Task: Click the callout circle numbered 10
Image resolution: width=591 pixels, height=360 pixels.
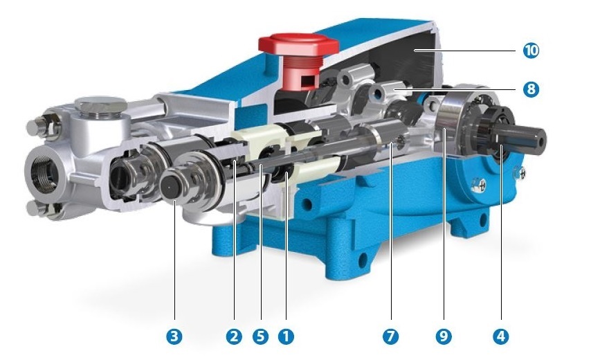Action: click(x=531, y=51)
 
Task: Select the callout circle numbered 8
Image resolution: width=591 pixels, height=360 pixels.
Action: click(x=531, y=89)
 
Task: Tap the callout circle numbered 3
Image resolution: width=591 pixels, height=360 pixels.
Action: click(x=174, y=336)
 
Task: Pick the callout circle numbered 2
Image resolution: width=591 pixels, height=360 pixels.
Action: click(x=234, y=336)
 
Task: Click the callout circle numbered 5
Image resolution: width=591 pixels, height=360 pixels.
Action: click(x=260, y=336)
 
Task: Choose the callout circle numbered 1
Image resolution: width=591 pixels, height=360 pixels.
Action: click(x=285, y=336)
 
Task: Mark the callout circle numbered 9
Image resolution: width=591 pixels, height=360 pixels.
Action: click(x=444, y=336)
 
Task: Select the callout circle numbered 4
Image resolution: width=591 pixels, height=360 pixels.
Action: click(x=500, y=336)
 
